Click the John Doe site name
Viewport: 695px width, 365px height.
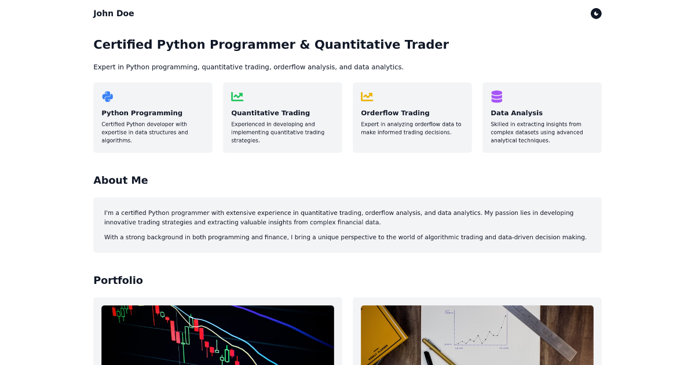pos(114,13)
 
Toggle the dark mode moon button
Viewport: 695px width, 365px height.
pos(596,13)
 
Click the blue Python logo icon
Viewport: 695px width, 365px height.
pos(107,97)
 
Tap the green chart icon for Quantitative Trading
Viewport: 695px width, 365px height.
pos(237,97)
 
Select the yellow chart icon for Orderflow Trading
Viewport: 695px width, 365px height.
pos(367,97)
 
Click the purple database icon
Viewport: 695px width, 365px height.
pos(496,97)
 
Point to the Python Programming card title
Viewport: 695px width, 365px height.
pos(142,113)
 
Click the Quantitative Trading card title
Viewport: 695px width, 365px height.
pos(270,113)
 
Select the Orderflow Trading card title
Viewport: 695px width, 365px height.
pos(395,113)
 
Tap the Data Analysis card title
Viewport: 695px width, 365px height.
pos(517,113)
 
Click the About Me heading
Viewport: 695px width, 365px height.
pos(120,180)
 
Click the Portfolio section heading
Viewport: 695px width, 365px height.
pos(118,280)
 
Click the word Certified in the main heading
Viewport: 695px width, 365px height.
pos(123,45)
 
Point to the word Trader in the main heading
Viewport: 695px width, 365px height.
pos(427,45)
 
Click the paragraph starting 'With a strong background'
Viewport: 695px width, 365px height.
pos(345,237)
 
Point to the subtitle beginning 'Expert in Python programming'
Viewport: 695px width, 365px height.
pos(248,67)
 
